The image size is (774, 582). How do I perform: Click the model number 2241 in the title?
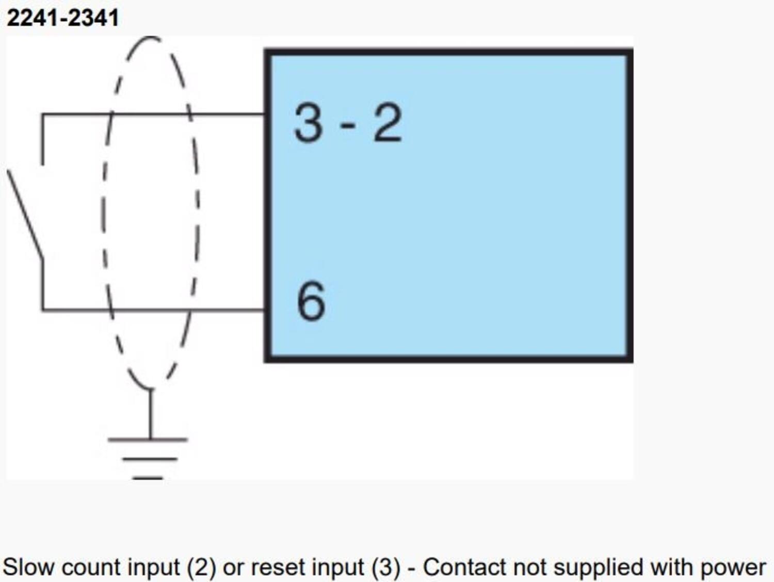point(32,18)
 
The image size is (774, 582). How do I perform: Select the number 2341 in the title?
point(93,18)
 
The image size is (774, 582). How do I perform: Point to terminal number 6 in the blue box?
point(311,301)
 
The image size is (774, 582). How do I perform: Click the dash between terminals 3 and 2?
point(348,125)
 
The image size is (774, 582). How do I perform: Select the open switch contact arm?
point(25,214)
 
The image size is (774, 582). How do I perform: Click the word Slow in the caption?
point(28,567)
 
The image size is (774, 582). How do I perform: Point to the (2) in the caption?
point(201,567)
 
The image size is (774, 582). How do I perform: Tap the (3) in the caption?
point(385,567)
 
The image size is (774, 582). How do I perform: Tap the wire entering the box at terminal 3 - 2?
point(232,114)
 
